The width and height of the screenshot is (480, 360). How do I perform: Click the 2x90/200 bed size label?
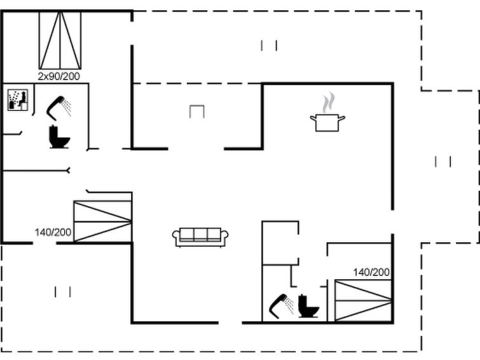[x=58, y=76]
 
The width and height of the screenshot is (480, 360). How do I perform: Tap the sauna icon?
[x=18, y=100]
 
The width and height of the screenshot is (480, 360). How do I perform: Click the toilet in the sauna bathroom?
[x=59, y=137]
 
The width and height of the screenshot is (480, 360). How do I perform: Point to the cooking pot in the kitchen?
[x=327, y=123]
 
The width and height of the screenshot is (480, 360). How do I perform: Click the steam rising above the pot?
[x=328, y=102]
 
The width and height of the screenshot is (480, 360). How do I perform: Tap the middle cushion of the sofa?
[x=200, y=235]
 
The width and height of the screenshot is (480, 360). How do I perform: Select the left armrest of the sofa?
[x=176, y=237]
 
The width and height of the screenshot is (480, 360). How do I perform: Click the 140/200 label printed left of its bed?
[x=53, y=232]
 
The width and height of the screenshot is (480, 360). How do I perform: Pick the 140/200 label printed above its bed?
[x=371, y=272]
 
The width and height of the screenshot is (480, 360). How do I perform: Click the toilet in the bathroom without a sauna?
[x=308, y=306]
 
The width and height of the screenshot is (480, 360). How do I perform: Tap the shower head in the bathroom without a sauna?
[x=282, y=307]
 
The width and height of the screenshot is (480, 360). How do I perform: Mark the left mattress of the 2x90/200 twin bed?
[x=50, y=41]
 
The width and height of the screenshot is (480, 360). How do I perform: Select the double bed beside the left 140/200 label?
[x=103, y=221]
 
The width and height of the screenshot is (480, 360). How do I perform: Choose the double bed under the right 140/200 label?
[x=363, y=301]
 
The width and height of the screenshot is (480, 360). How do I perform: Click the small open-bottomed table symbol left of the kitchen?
[x=197, y=111]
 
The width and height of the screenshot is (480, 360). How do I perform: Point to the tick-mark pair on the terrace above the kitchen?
[x=269, y=46]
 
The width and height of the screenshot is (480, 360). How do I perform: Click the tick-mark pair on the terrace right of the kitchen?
[x=443, y=162]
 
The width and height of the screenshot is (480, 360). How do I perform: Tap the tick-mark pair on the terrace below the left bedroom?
[x=63, y=292]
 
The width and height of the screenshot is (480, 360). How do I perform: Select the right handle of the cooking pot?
[x=341, y=118]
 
